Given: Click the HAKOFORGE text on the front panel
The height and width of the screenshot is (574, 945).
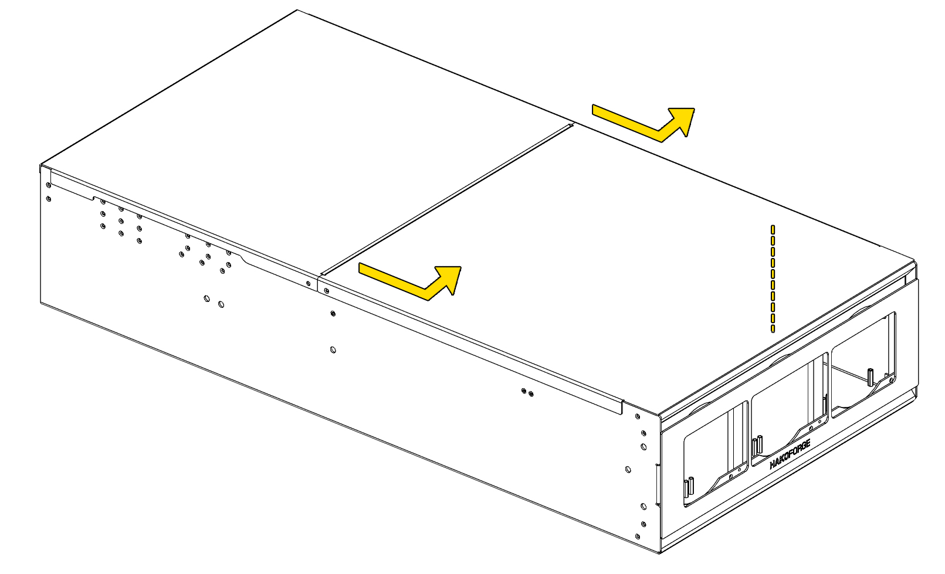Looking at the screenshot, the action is point(790,454).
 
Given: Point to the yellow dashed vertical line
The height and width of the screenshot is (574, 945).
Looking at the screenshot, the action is point(773,278).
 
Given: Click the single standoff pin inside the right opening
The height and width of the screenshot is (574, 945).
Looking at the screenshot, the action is point(870,377).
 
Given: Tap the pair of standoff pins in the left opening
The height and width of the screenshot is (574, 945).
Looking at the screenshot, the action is point(689,486).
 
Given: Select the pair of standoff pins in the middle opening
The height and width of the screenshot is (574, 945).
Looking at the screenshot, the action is point(757,446).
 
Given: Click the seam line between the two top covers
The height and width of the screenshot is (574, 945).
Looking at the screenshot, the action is point(446,199).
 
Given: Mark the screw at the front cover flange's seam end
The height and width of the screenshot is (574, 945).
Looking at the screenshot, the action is point(326,291).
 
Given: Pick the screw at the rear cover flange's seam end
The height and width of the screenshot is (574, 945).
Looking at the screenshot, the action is point(309,283).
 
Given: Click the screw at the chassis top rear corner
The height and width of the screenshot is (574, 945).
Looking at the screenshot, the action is point(49,185).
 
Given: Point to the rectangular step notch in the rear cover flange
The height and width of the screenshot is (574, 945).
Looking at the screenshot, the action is point(94,198).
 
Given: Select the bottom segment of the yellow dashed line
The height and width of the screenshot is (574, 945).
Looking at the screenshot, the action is point(773,328).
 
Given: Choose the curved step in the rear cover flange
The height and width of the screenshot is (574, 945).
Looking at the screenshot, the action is point(245,259).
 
